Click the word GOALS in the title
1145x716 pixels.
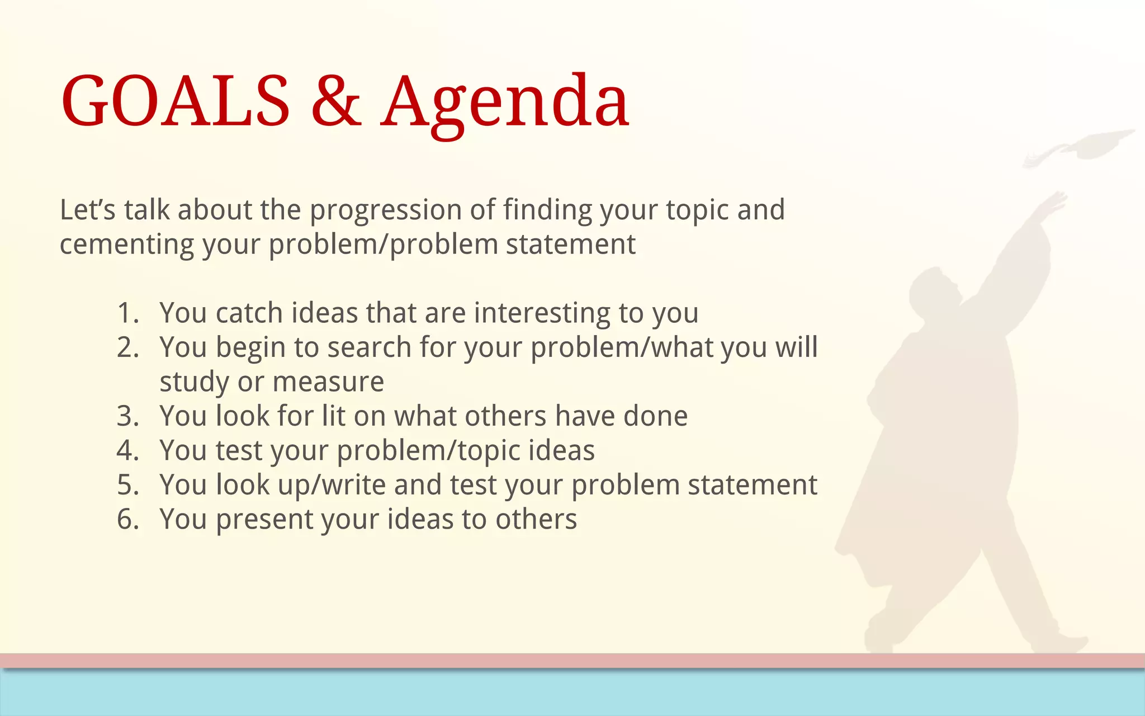click(176, 102)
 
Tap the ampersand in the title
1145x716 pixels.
click(336, 102)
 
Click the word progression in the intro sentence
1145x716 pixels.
click(385, 211)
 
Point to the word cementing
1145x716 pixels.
click(126, 245)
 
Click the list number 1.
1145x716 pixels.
click(127, 313)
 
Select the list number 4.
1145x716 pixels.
click(127, 450)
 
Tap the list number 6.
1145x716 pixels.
click(127, 519)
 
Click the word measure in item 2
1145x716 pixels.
click(328, 382)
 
